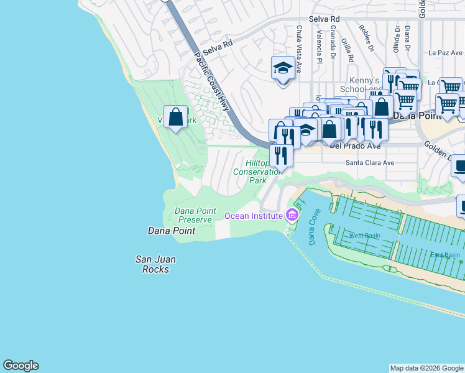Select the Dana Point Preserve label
[x=195, y=215]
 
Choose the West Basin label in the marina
[x=365, y=236]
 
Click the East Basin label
[x=445, y=255]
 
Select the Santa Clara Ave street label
[x=370, y=163]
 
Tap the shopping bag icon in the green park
[x=176, y=117]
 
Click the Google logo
[x=21, y=366]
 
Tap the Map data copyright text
[x=426, y=368]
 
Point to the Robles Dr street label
[x=366, y=38]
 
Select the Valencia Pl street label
[x=318, y=47]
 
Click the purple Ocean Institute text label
[x=254, y=216]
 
